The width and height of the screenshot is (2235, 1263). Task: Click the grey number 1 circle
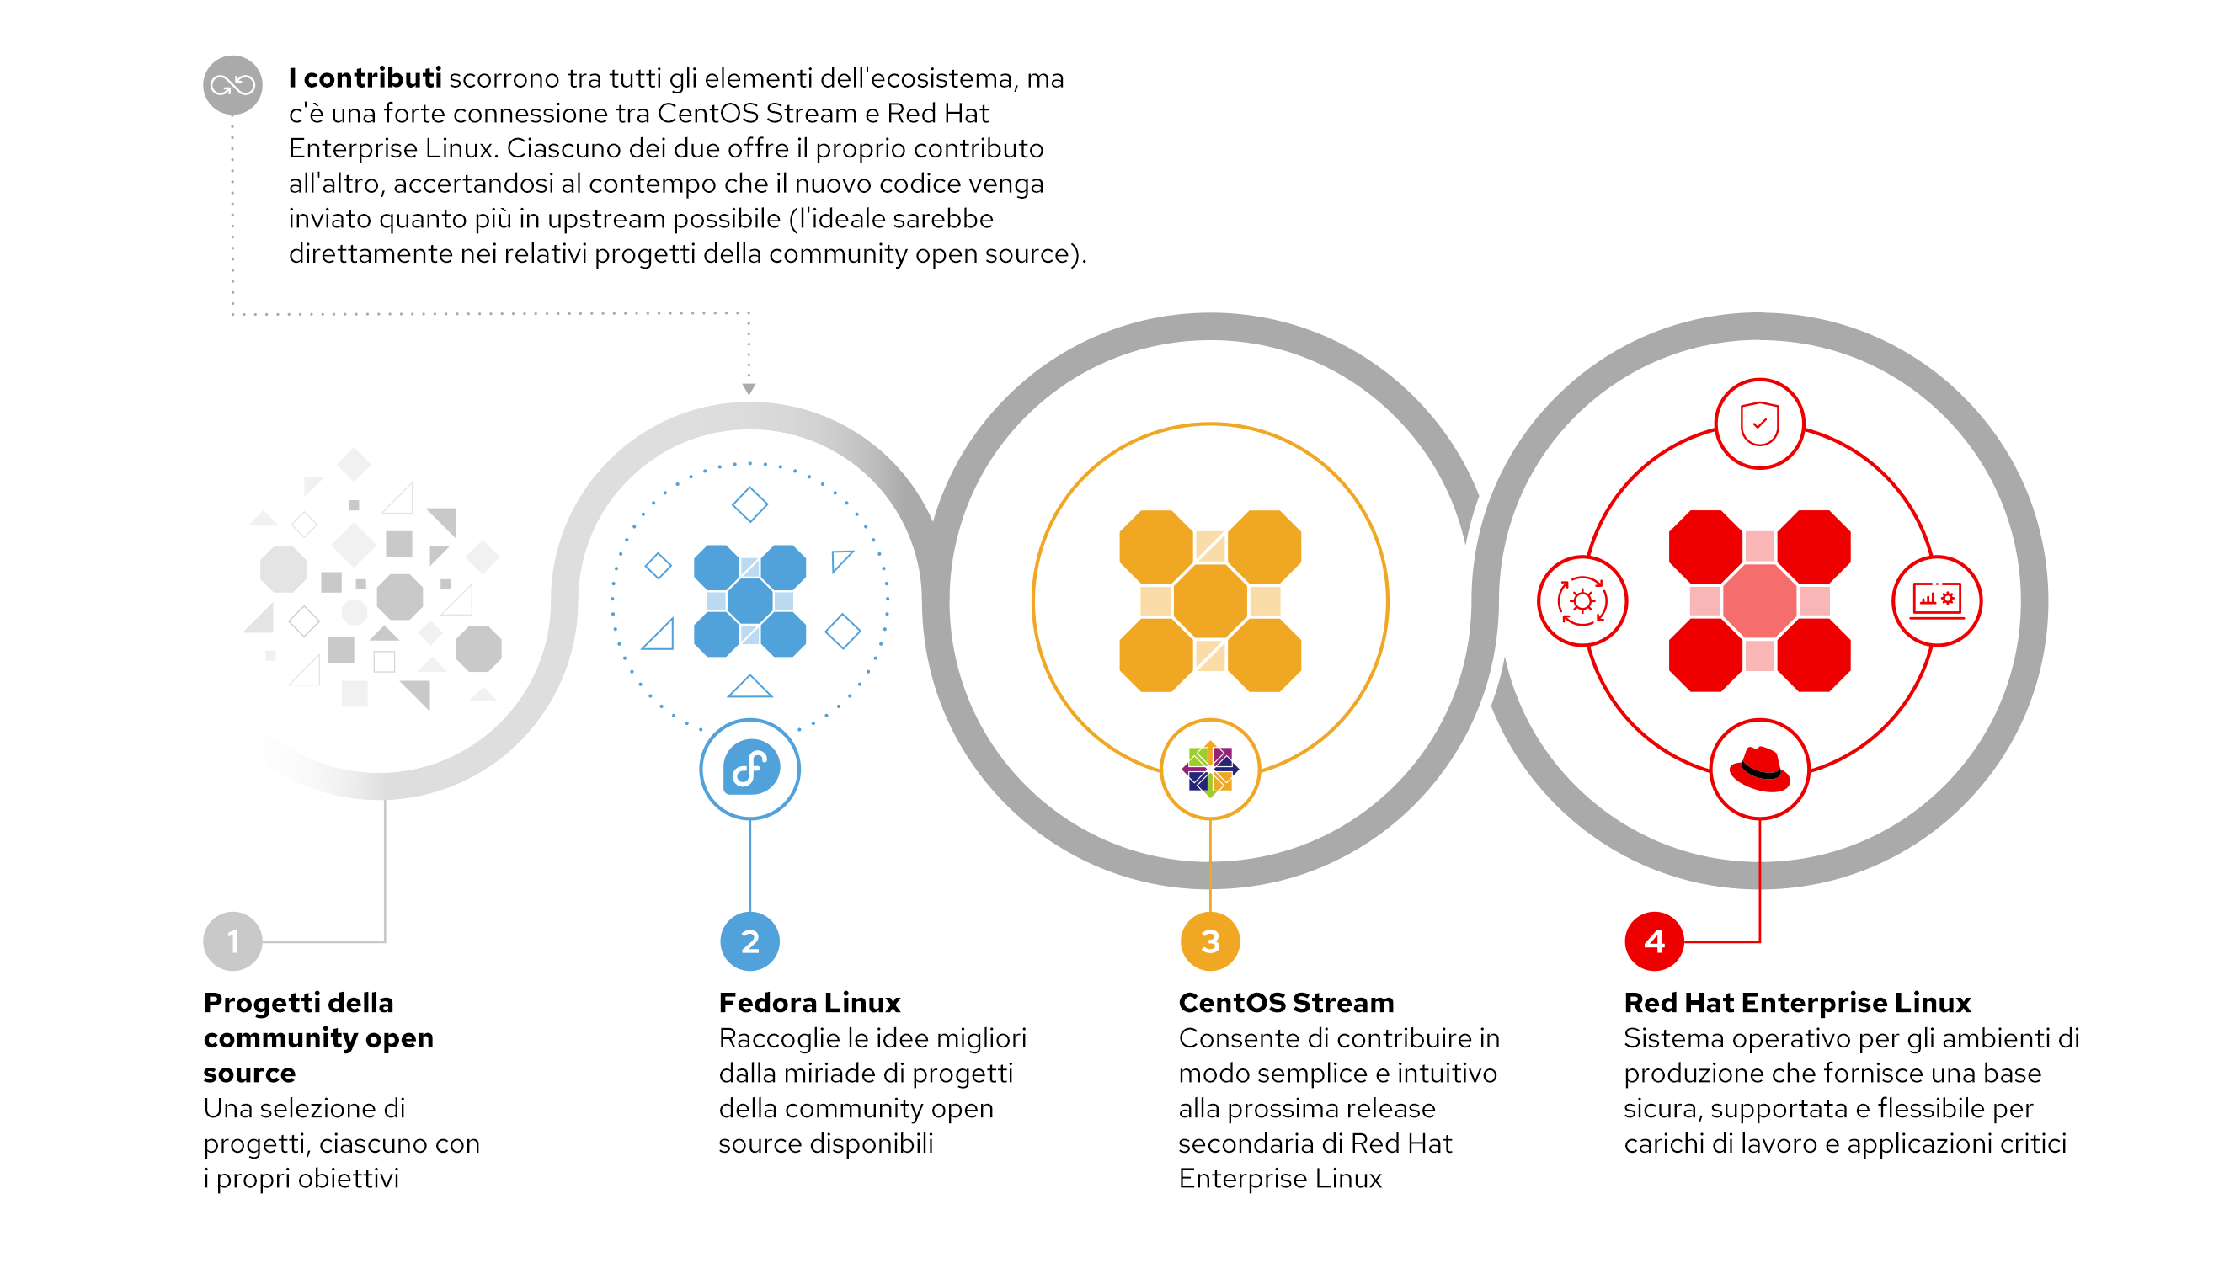(232, 941)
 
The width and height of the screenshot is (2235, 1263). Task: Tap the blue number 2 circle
(749, 941)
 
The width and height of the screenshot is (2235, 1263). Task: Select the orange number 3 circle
(1210, 941)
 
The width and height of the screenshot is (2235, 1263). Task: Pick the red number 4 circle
(1654, 941)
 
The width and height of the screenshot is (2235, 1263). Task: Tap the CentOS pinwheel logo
(1210, 770)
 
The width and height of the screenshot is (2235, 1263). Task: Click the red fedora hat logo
(1759, 770)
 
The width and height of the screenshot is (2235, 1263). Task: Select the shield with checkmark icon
(1759, 424)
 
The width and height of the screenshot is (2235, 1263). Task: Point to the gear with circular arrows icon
(1582, 600)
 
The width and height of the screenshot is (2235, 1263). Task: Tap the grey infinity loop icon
(232, 85)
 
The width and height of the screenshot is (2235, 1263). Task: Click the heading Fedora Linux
(809, 1003)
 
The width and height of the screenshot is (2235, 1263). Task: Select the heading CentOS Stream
(1286, 1003)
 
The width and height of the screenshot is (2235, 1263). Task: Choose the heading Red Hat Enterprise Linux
(1797, 1003)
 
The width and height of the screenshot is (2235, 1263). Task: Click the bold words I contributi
(365, 78)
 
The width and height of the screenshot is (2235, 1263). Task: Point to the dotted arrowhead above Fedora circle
(749, 390)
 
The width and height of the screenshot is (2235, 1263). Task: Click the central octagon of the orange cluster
(1210, 600)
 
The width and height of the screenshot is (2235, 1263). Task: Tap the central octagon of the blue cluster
(749, 600)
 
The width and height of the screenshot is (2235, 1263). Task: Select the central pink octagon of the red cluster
(1759, 600)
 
